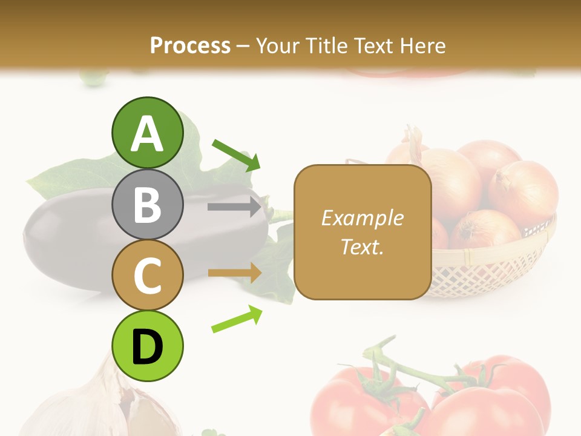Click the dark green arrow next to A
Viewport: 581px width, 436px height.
tap(237, 155)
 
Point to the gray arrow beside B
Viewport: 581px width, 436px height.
tap(234, 206)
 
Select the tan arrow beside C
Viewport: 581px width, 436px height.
tap(234, 273)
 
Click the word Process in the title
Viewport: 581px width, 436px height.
tap(190, 45)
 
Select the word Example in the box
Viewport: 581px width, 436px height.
tap(362, 218)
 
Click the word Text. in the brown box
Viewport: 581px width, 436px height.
tap(362, 246)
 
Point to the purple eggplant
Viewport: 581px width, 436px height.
tap(73, 242)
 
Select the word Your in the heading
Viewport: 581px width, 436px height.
tap(276, 45)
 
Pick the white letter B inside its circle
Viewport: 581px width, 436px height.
tap(148, 205)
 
